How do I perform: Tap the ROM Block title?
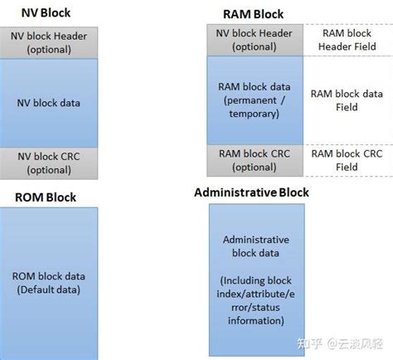[x=46, y=197]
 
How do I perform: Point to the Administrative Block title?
[x=251, y=192]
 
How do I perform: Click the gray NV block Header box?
[x=48, y=42]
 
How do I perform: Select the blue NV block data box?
[x=48, y=103]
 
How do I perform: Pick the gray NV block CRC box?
[x=48, y=163]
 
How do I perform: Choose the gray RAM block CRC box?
[x=255, y=160]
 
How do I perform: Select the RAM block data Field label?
[x=347, y=100]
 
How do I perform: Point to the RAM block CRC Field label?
[x=347, y=160]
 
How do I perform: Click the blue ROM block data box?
[x=48, y=282]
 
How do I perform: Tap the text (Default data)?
[x=48, y=289]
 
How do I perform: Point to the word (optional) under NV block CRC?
[x=48, y=170]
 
